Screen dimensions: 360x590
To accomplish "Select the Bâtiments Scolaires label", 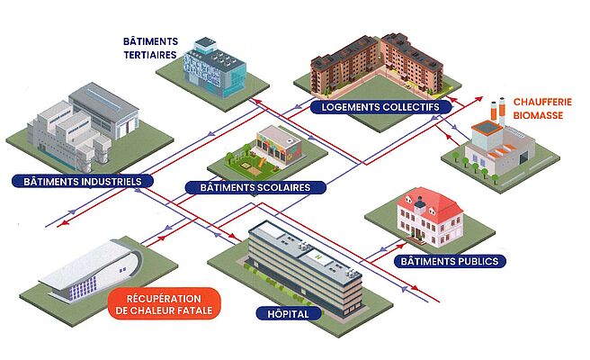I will click(x=250, y=188).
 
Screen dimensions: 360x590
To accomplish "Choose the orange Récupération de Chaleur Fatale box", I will click(x=164, y=303).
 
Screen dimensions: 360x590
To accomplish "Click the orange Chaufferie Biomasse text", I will click(x=540, y=108).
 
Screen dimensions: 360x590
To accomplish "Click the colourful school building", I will click(x=273, y=145).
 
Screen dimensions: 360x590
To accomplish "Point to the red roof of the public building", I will click(x=432, y=202).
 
